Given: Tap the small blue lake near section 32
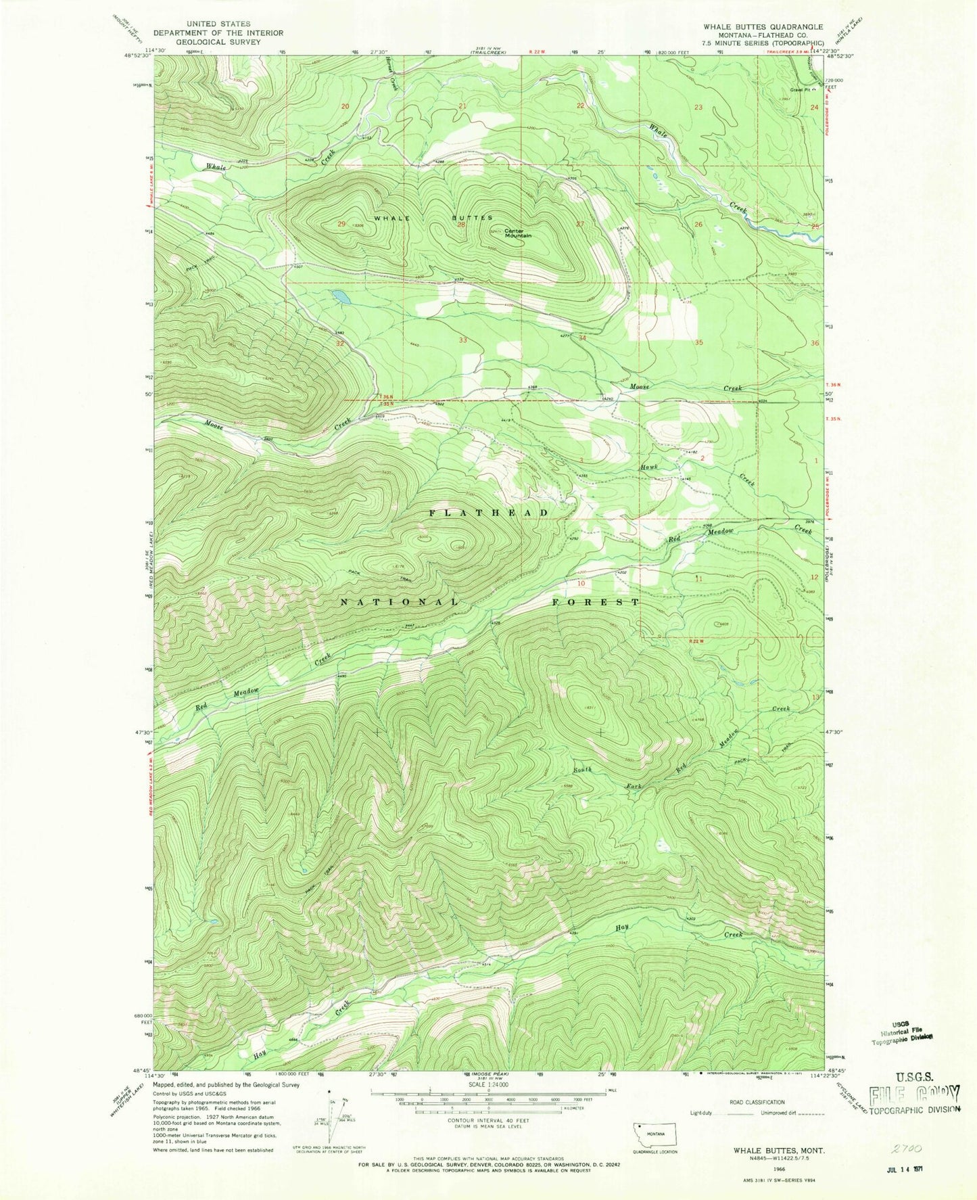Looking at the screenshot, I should [340, 296].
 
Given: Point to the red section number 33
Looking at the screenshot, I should [463, 340].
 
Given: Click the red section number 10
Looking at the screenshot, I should [580, 582].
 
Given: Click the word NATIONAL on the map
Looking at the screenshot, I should [399, 601].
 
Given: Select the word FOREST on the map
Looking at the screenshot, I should [595, 601].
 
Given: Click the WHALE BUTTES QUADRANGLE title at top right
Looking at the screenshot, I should [762, 26].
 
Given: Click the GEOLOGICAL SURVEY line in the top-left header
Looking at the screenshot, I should [218, 41].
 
